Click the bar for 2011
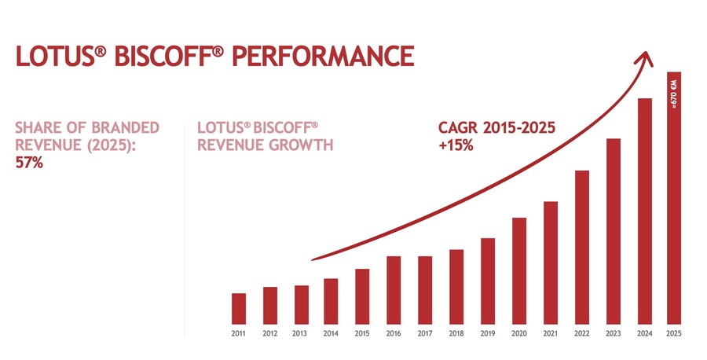coord(239,309)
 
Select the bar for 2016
coord(394,290)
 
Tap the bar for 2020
coord(519,271)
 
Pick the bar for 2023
coord(614,231)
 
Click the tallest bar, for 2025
coord(674,198)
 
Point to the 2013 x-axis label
coord(300,334)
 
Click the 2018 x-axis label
coord(456,334)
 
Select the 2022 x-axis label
coord(582,334)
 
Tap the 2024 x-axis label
coord(645,334)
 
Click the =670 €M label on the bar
coord(674,94)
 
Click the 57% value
coord(29,163)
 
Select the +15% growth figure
coord(456,145)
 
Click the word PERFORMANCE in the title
coord(324,56)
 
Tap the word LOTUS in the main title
coord(56,56)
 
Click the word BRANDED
coord(126,127)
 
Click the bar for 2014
coord(331,301)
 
